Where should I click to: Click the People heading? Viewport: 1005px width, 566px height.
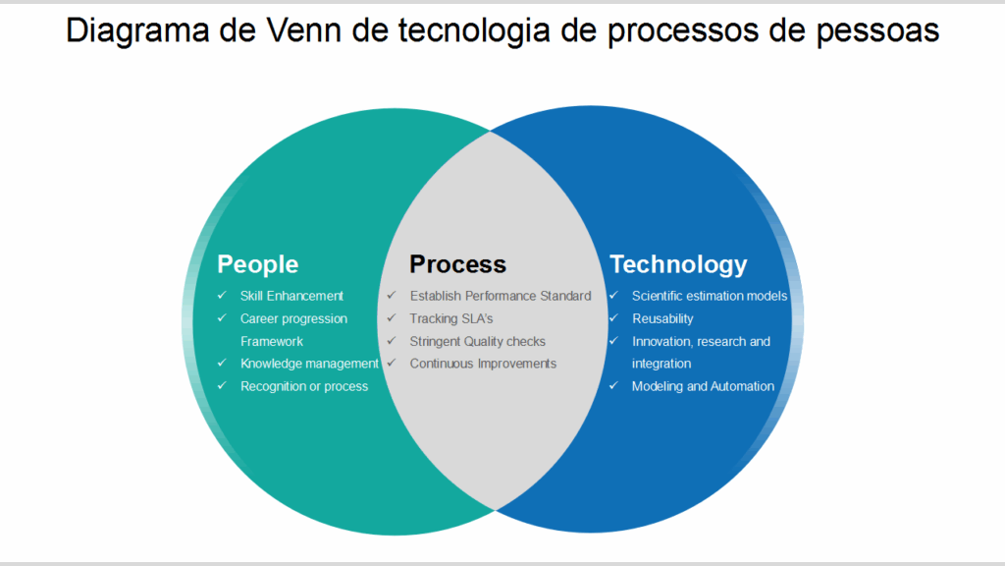[257, 264]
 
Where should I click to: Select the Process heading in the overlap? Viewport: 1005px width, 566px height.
[457, 264]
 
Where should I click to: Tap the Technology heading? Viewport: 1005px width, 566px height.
[678, 264]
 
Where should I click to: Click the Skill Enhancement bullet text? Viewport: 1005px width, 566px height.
[291, 296]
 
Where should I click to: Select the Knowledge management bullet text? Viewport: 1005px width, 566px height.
[309, 364]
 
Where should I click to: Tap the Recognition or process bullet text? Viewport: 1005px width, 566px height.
[304, 386]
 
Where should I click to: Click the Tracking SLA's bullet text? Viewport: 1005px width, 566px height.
[451, 318]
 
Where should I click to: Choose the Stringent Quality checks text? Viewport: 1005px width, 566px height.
[477, 341]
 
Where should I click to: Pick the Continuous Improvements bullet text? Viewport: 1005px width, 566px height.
[483, 364]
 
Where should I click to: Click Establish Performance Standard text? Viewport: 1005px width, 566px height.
[501, 296]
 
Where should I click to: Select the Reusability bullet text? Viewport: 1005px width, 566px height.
[662, 318]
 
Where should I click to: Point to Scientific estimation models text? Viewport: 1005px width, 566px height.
[710, 296]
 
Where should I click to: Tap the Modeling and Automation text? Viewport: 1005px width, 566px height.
[703, 386]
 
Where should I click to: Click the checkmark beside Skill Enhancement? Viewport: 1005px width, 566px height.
[222, 295]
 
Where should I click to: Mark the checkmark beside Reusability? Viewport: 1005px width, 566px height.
[613, 317]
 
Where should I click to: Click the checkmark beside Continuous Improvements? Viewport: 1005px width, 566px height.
[392, 363]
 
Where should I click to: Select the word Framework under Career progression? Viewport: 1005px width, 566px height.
[272, 341]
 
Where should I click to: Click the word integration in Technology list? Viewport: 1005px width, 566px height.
[661, 364]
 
